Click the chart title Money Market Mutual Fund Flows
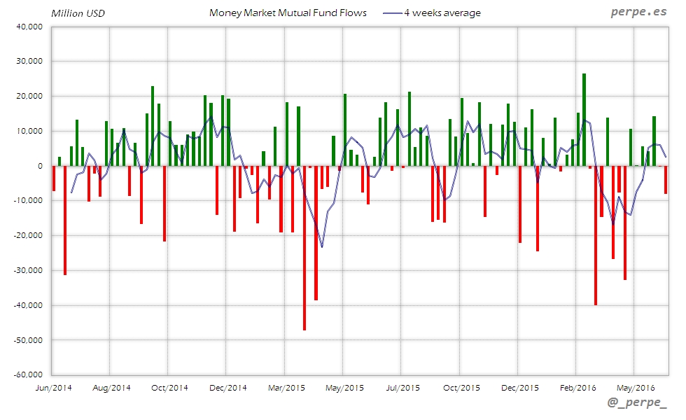point(288,13)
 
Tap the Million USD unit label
point(77,13)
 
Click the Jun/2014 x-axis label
point(52,387)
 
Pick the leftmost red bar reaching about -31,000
point(65,220)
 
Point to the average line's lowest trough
point(322,247)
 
